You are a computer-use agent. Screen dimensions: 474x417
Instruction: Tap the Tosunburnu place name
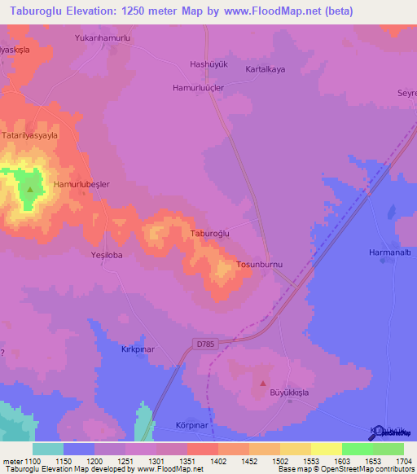(259, 265)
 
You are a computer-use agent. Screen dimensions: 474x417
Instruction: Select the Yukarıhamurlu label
(103, 38)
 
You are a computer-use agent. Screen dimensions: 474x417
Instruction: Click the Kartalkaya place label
(266, 70)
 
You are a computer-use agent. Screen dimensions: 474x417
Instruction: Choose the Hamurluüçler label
(198, 86)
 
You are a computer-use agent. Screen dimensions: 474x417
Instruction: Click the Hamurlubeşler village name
(81, 185)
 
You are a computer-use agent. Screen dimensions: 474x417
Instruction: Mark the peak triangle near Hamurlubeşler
(30, 190)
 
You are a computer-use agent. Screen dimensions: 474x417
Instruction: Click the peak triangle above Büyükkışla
(263, 383)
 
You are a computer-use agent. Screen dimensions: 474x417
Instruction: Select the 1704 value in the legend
(403, 461)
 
